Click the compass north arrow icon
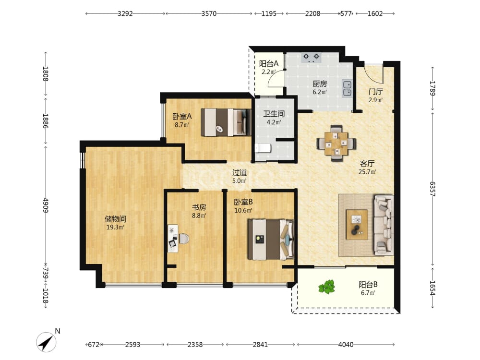pyautogui.click(x=46, y=342)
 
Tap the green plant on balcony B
pyautogui.click(x=326, y=287)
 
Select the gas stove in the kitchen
pyautogui.click(x=312, y=58)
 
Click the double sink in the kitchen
pyautogui.click(x=347, y=88)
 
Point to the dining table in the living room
pyautogui.click(x=336, y=143)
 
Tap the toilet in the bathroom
pyautogui.click(x=263, y=148)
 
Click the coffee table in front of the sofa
pyautogui.click(x=357, y=224)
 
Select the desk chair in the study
pyautogui.click(x=184, y=239)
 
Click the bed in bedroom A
pyautogui.click(x=226, y=122)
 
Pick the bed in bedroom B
pyautogui.click(x=271, y=240)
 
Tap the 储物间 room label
pyautogui.click(x=115, y=219)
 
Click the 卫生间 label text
pyautogui.click(x=274, y=114)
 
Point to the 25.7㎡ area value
pyautogui.click(x=367, y=172)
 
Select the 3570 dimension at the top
pyautogui.click(x=209, y=13)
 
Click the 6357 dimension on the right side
pyautogui.click(x=432, y=189)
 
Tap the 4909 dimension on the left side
pyautogui.click(x=46, y=205)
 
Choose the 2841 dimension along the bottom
pyautogui.click(x=260, y=345)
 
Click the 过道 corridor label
pyautogui.click(x=240, y=173)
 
